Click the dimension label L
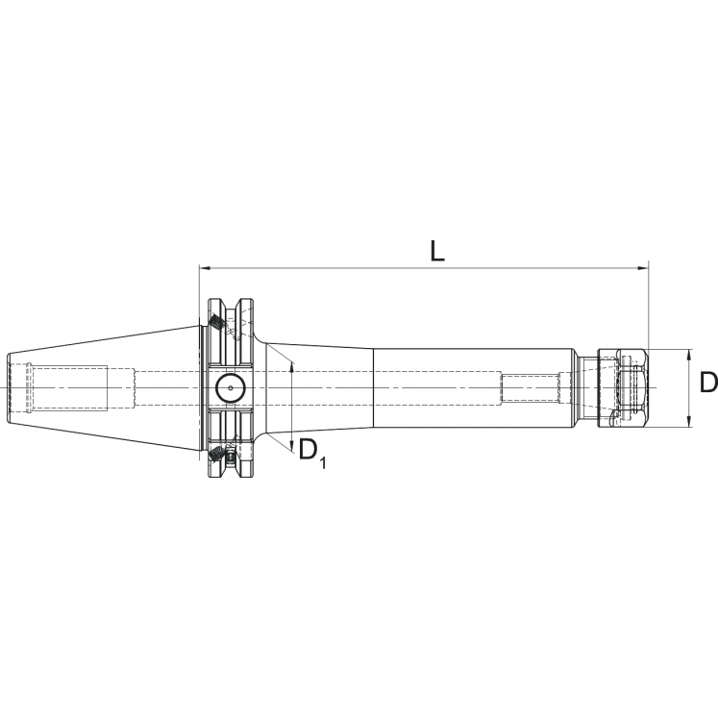(x=436, y=251)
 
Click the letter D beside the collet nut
(x=707, y=383)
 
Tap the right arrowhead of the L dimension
(x=644, y=266)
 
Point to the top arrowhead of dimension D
(x=689, y=354)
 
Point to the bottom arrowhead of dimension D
(x=689, y=420)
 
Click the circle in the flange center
(x=231, y=388)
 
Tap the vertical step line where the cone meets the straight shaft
(x=373, y=387)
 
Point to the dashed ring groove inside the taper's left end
(x=31, y=387)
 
